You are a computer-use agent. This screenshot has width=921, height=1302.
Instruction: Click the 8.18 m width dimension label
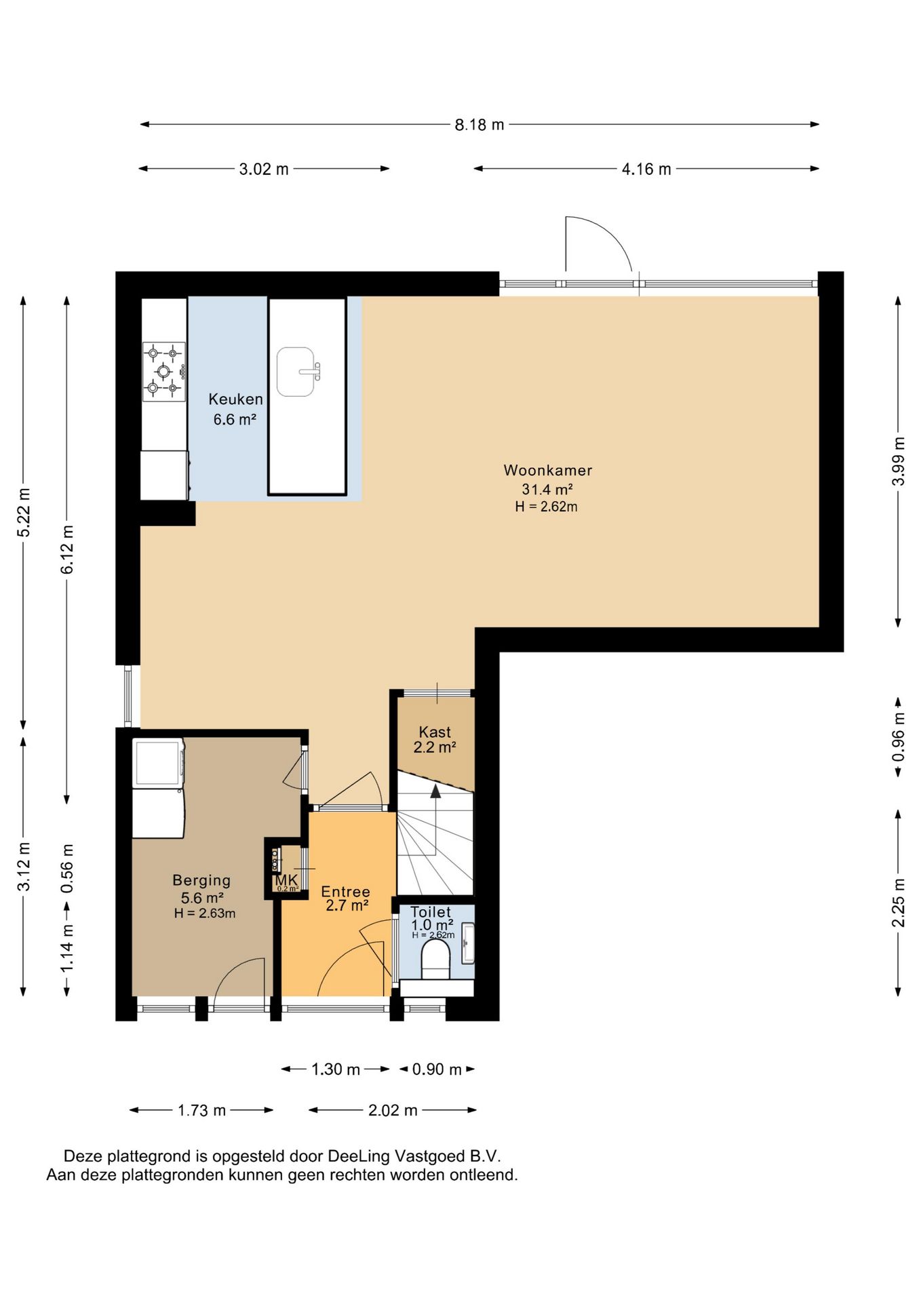click(x=479, y=125)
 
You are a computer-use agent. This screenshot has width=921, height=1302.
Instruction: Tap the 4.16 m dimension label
click(x=646, y=169)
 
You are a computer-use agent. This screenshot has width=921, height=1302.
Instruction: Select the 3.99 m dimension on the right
click(x=899, y=461)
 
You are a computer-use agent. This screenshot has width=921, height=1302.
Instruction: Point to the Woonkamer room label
click(x=548, y=470)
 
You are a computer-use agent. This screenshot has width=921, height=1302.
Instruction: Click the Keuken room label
click(x=235, y=399)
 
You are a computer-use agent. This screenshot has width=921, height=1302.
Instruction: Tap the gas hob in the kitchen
click(x=164, y=372)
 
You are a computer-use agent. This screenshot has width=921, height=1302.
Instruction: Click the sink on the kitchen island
click(x=297, y=372)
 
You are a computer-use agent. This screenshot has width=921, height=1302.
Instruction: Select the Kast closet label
click(x=435, y=732)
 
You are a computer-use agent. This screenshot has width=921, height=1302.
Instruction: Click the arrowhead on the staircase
click(x=435, y=790)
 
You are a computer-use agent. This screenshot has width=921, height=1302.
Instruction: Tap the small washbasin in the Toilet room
click(x=468, y=943)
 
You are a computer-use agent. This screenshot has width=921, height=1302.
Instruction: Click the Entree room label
click(x=346, y=892)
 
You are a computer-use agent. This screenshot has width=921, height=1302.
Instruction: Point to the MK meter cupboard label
click(x=286, y=880)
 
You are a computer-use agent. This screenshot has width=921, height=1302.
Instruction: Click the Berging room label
click(x=201, y=880)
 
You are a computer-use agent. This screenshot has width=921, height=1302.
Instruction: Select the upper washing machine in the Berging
click(x=159, y=763)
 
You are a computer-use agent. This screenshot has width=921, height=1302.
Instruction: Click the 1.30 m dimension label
click(x=336, y=1069)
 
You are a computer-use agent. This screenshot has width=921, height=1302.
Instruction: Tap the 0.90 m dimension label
click(x=437, y=1069)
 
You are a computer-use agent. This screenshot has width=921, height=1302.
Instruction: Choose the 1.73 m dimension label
click(x=201, y=1110)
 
